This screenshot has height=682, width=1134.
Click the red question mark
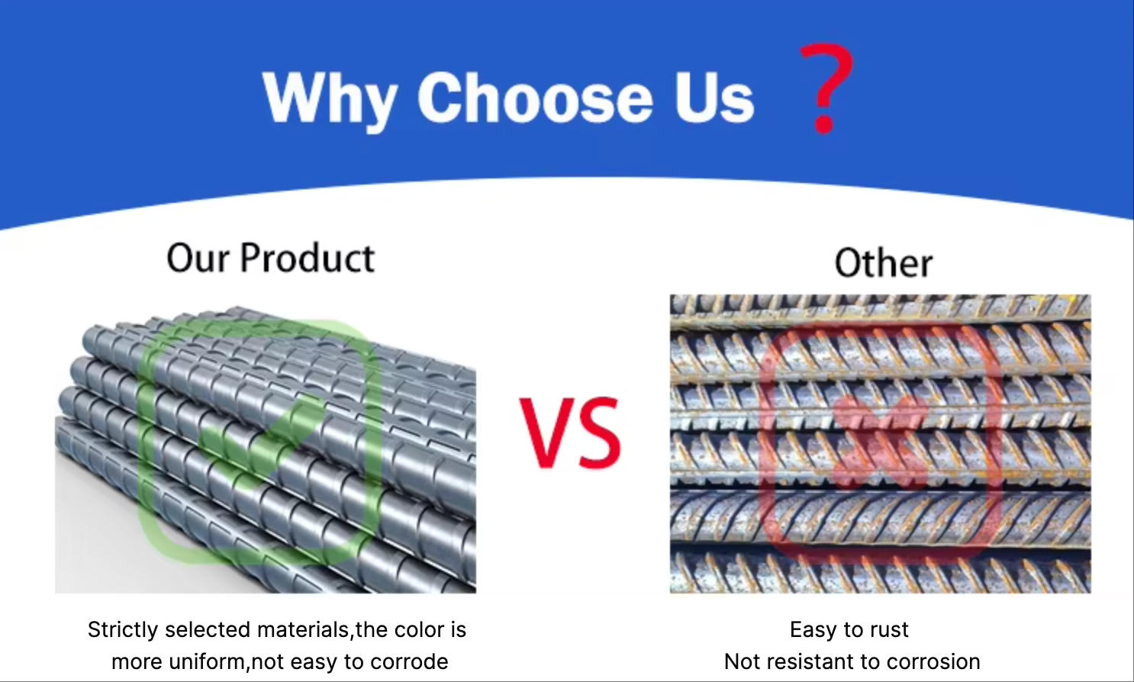coord(826,89)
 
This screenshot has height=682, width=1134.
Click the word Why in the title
coord(330,99)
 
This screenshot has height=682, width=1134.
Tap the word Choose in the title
coord(535,96)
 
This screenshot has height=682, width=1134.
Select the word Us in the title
coord(714,97)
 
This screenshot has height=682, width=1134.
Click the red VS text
coord(570,432)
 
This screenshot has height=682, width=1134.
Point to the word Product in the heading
coord(308,258)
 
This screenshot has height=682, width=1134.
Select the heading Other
coord(884,263)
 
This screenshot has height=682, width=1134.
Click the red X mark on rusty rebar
coord(881,441)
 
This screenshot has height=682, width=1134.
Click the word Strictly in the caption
coord(123,630)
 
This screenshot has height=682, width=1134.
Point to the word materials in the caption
coord(303,630)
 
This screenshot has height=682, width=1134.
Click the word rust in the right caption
coord(890,630)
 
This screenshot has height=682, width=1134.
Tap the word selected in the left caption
coord(208,630)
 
